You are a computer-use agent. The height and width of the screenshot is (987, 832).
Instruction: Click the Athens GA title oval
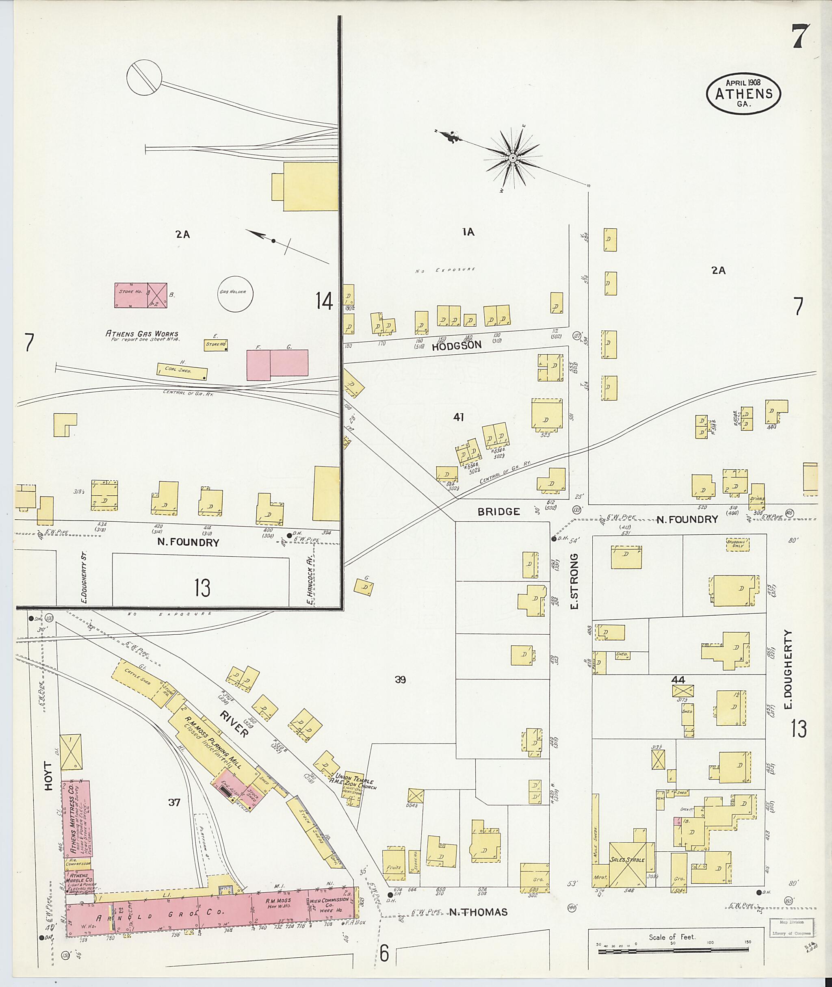(743, 93)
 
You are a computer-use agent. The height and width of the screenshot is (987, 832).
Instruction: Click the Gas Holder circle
(235, 294)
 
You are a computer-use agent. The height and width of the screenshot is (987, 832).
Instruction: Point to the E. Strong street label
(574, 581)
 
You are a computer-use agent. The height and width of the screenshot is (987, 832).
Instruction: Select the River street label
(234, 724)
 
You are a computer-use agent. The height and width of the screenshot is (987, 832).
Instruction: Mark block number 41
(458, 417)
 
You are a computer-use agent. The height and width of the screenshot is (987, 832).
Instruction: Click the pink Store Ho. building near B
(131, 295)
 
